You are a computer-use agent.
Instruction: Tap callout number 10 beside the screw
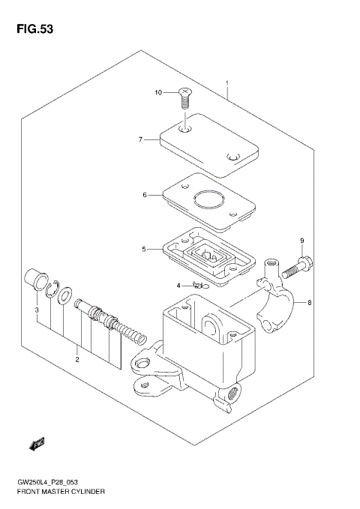tap(158, 93)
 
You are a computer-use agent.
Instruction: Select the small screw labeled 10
tap(184, 96)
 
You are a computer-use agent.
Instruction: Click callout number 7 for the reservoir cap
tap(139, 139)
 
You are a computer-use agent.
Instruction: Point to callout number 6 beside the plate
tap(144, 195)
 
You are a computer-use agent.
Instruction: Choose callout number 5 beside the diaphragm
tap(144, 249)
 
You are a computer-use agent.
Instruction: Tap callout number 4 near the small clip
tap(179, 286)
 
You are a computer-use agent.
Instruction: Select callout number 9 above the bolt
tap(301, 241)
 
